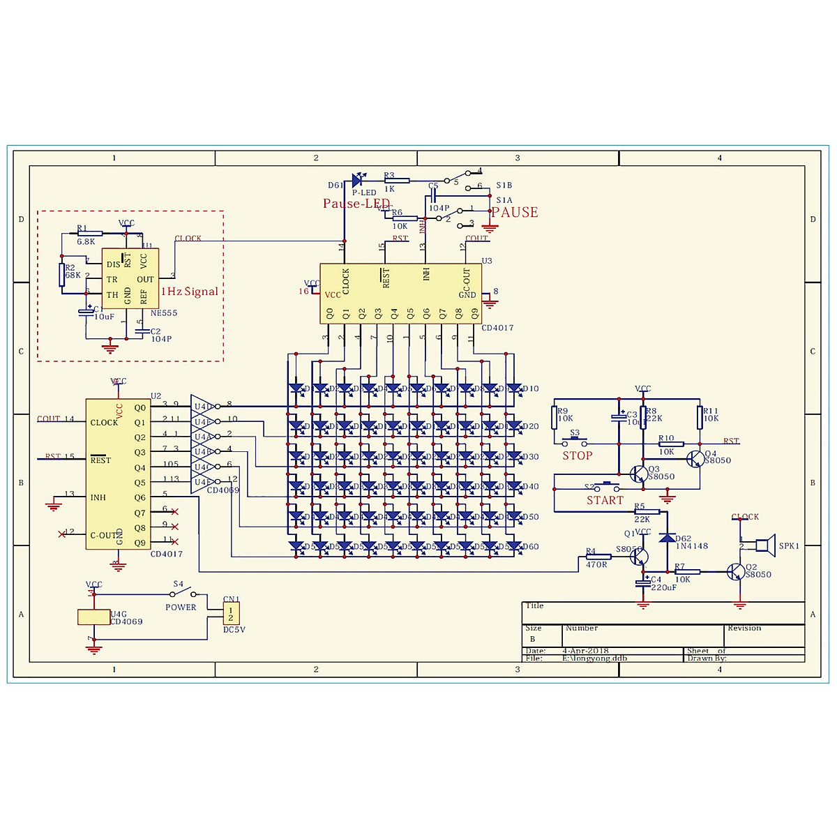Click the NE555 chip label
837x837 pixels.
pos(164,313)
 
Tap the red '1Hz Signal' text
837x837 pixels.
pos(190,292)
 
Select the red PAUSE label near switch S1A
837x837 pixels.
pos(515,212)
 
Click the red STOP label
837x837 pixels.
pos(578,455)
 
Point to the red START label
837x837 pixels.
pos(605,500)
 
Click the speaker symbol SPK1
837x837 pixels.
pos(765,545)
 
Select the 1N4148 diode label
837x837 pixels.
pos(691,546)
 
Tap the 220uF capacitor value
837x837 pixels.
pos(663,587)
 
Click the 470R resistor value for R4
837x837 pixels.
pos(596,564)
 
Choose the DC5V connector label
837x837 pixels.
pos(234,630)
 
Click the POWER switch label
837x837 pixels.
pos(181,608)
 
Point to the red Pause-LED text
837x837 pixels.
pos(356,204)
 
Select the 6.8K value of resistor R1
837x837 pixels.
pos(86,242)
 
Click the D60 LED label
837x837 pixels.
pos(530,547)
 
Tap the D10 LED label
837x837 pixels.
pos(530,389)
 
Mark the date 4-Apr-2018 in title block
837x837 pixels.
pos(585,651)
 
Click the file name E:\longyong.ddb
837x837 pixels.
pos(594,658)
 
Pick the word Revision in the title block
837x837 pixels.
pos(744,628)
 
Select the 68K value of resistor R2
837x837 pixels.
pos(73,276)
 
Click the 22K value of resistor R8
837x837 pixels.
pos(654,418)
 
